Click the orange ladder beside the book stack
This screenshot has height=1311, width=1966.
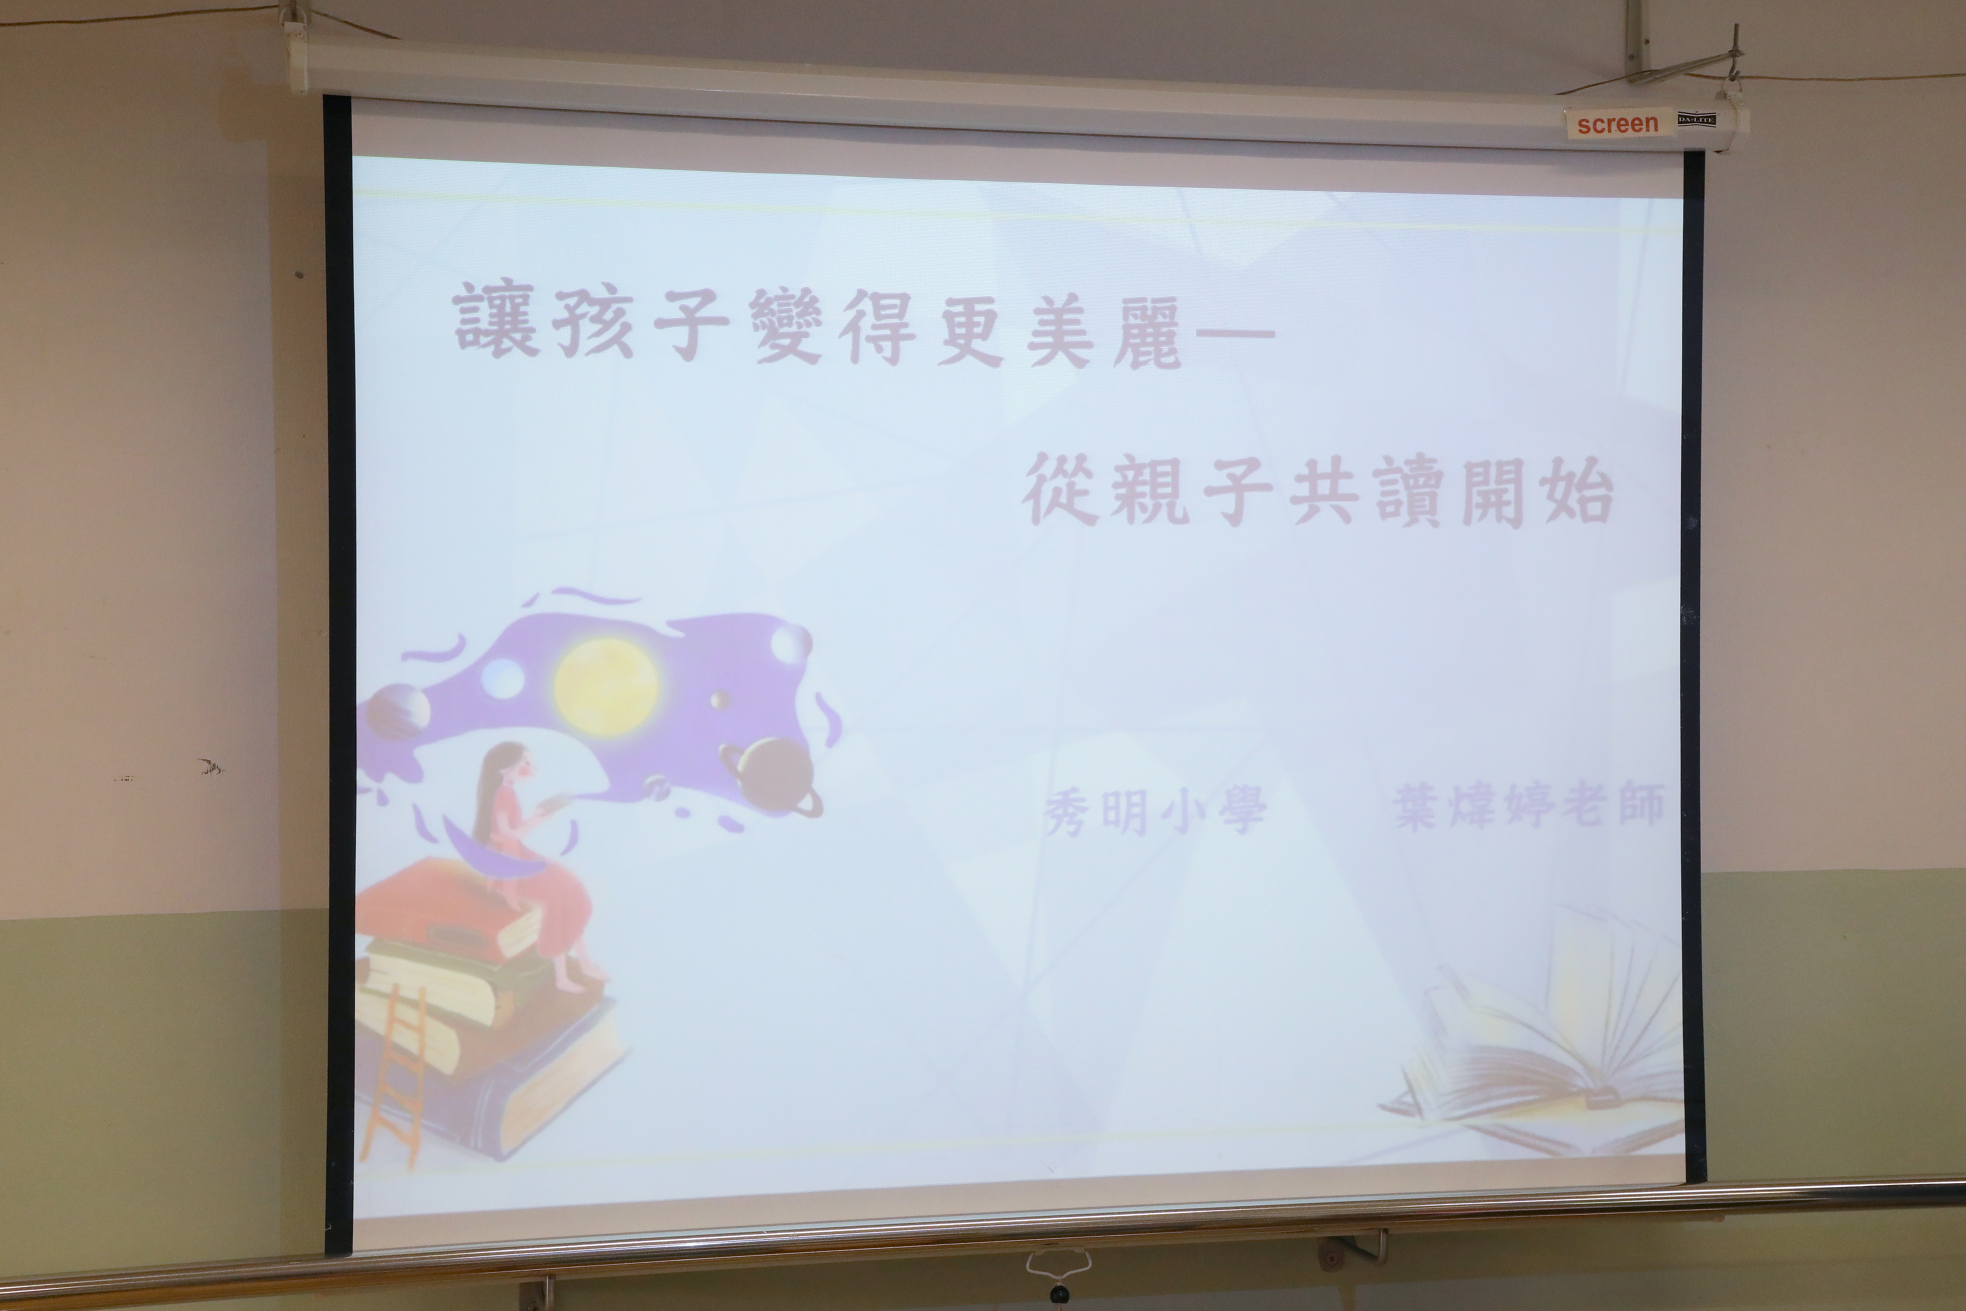[x=393, y=1079]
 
